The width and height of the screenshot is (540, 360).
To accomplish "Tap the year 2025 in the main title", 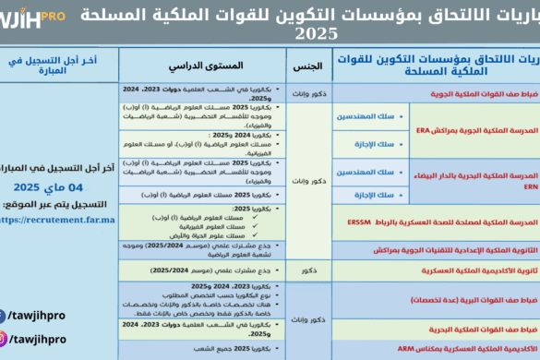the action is (317, 34).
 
